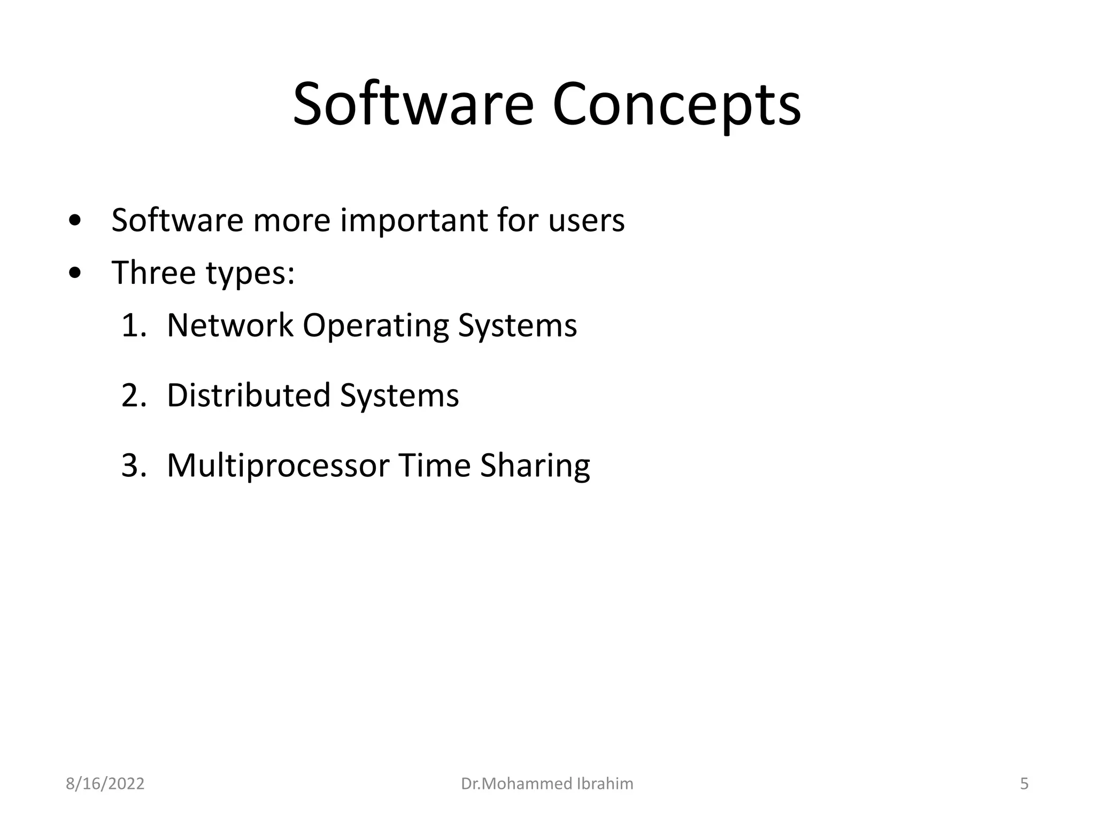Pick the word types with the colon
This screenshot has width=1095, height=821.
[x=250, y=274]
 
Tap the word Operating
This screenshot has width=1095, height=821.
[x=376, y=326]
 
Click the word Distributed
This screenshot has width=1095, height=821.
[x=249, y=396]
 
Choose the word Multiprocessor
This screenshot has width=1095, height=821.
[x=278, y=466]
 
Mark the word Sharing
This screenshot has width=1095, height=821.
[x=535, y=466]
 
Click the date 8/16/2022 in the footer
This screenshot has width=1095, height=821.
[x=105, y=784]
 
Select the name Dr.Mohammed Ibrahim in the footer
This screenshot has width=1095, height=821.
[x=547, y=784]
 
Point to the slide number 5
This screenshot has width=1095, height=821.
[x=1024, y=784]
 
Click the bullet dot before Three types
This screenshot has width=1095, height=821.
[x=75, y=274]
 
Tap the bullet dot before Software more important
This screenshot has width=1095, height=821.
[x=75, y=221]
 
